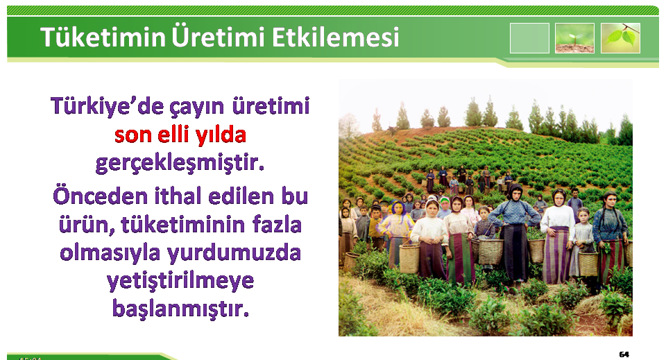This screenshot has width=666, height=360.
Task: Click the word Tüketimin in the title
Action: coord(103,37)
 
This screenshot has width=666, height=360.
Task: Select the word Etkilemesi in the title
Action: coord(336,37)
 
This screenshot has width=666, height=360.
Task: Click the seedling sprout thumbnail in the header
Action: coord(574,38)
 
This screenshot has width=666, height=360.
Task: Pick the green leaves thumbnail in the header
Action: coord(620,38)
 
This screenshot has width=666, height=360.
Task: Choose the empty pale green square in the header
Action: coord(529,38)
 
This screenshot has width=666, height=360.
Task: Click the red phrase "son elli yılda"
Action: coord(180,135)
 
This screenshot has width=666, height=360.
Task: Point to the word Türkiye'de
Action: coord(107,106)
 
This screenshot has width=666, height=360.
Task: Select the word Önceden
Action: coord(100,196)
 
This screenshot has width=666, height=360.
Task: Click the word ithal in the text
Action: coord(178,196)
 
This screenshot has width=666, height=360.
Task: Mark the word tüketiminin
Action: coord(183,225)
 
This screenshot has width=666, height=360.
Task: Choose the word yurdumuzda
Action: coord(234,254)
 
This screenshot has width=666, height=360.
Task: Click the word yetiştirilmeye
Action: coord(180,282)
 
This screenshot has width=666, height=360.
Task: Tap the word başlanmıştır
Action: coord(180,309)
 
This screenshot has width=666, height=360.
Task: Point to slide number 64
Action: coord(624,354)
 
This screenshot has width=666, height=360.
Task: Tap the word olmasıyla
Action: coord(110,254)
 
